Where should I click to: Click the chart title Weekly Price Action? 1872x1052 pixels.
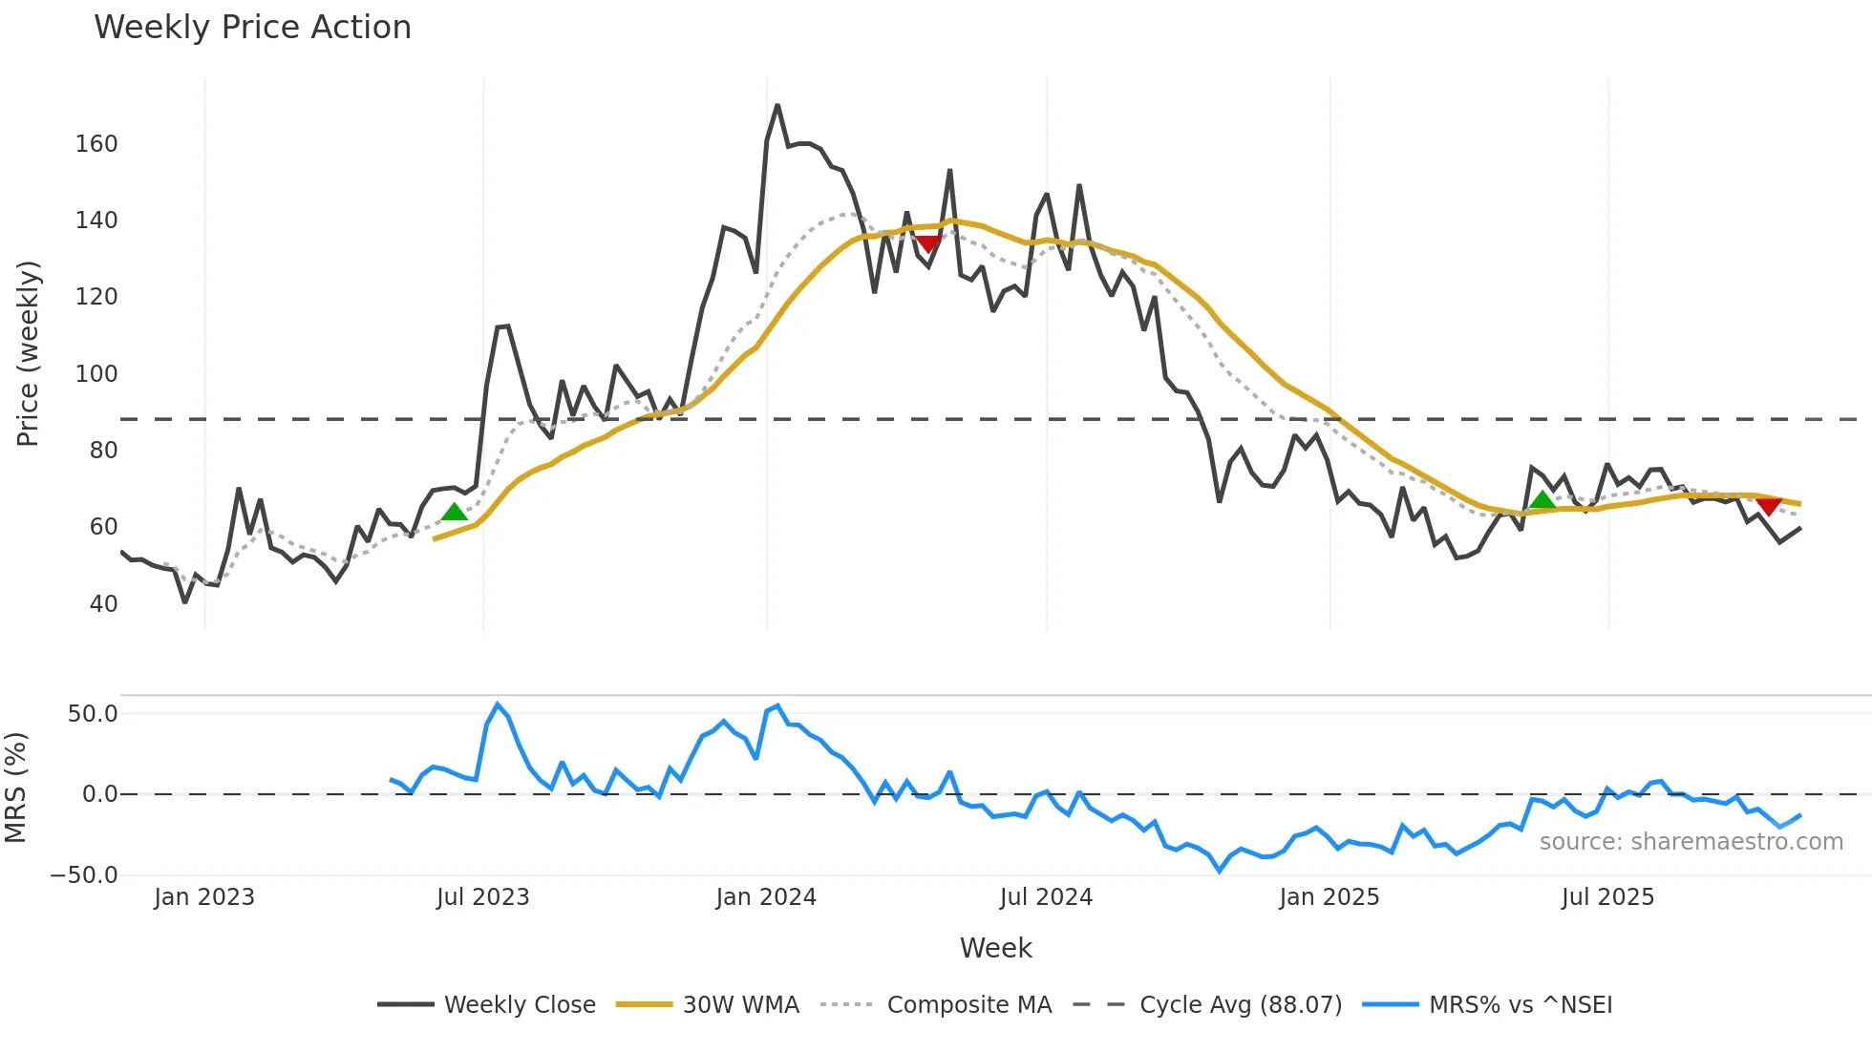252,28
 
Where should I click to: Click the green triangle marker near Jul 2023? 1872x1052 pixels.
455,513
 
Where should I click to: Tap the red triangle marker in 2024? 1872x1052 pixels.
927,243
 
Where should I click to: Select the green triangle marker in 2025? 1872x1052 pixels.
1542,500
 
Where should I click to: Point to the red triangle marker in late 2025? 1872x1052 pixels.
1768,506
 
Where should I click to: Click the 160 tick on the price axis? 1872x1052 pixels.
96,144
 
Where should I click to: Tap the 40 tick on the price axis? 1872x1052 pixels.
103,604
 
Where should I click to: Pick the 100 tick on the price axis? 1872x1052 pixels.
96,374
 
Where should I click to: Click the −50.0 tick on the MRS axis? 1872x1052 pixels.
84,875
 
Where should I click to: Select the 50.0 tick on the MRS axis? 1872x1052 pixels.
93,714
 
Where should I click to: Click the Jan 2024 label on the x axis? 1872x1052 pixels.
766,897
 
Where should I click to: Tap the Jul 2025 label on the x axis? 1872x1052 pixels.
1607,897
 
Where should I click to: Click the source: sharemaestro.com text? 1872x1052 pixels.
1691,842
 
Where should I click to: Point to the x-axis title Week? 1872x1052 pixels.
995,948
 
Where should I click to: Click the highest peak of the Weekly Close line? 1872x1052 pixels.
777,106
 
